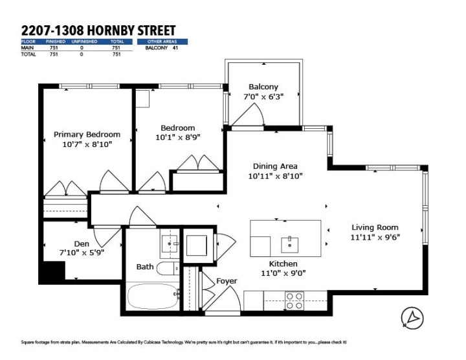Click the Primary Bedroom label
[x=87, y=135]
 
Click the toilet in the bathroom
[x=168, y=269]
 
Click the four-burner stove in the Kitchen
[x=295, y=300]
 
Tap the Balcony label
[x=263, y=87]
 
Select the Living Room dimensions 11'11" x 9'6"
[x=375, y=237]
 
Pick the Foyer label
[x=227, y=281]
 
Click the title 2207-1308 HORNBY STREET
[x=98, y=30]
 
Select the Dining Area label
[x=276, y=166]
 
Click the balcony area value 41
[x=175, y=48]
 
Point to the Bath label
[x=145, y=267]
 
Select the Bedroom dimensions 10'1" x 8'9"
[x=178, y=137]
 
